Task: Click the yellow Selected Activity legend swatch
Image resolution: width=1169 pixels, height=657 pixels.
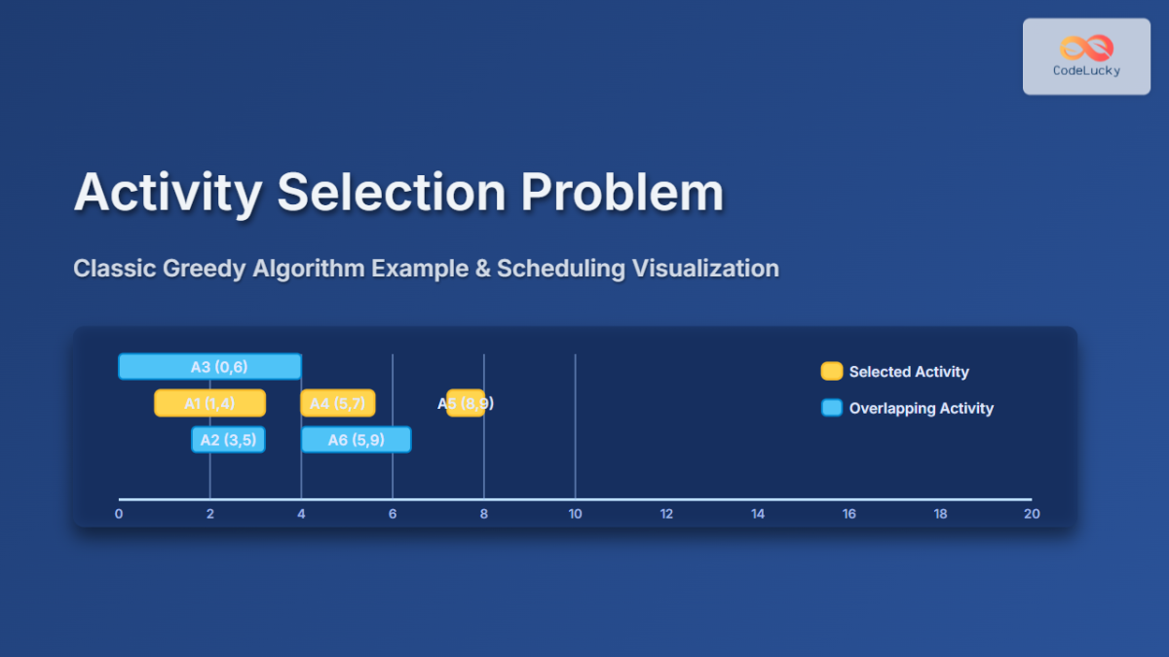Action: [x=831, y=371]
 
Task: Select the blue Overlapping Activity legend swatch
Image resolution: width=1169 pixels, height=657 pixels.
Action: [x=831, y=408]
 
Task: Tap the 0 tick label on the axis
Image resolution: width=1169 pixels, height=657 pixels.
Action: [x=119, y=514]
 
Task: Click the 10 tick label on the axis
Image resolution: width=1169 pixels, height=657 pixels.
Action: [x=575, y=514]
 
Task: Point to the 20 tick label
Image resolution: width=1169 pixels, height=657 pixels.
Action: [x=1032, y=514]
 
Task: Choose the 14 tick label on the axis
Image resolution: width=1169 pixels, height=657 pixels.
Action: [x=758, y=514]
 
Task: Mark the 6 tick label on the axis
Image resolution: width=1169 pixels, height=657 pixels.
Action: [x=393, y=514]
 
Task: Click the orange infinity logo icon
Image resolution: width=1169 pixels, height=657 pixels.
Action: [x=1086, y=48]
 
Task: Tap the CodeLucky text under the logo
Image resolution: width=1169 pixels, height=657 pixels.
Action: [x=1086, y=70]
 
